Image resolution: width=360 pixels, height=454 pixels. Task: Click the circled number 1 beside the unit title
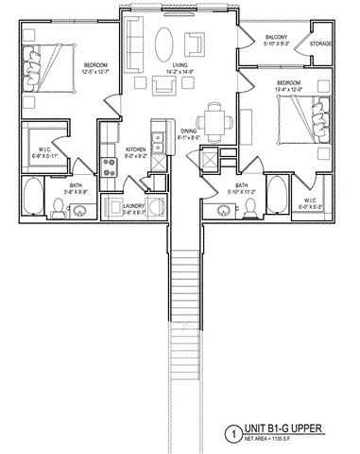[231, 434]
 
